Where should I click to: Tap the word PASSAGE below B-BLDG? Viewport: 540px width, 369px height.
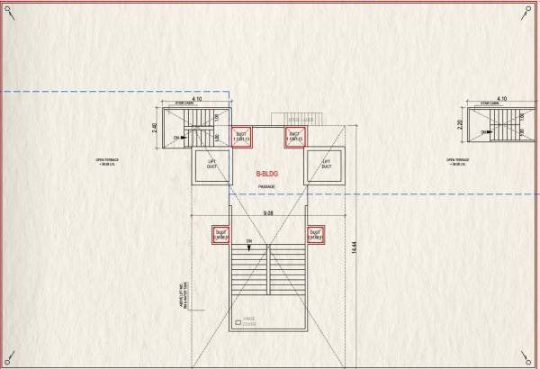267,187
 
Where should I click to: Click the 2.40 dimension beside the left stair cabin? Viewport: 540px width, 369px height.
155,128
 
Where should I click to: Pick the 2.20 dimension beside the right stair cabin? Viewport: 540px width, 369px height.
460,124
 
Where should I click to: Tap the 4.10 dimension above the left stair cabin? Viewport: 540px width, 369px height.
184,98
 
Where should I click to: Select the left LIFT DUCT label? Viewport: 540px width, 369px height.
212,166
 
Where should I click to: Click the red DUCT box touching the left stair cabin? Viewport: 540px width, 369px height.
241,137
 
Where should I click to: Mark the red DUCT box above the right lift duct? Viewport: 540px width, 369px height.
294,137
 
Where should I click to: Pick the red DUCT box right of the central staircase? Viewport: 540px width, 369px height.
316,235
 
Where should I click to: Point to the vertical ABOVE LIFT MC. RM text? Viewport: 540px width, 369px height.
182,294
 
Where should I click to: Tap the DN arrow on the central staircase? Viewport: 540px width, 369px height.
248,242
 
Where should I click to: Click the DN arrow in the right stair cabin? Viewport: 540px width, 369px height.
486,132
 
